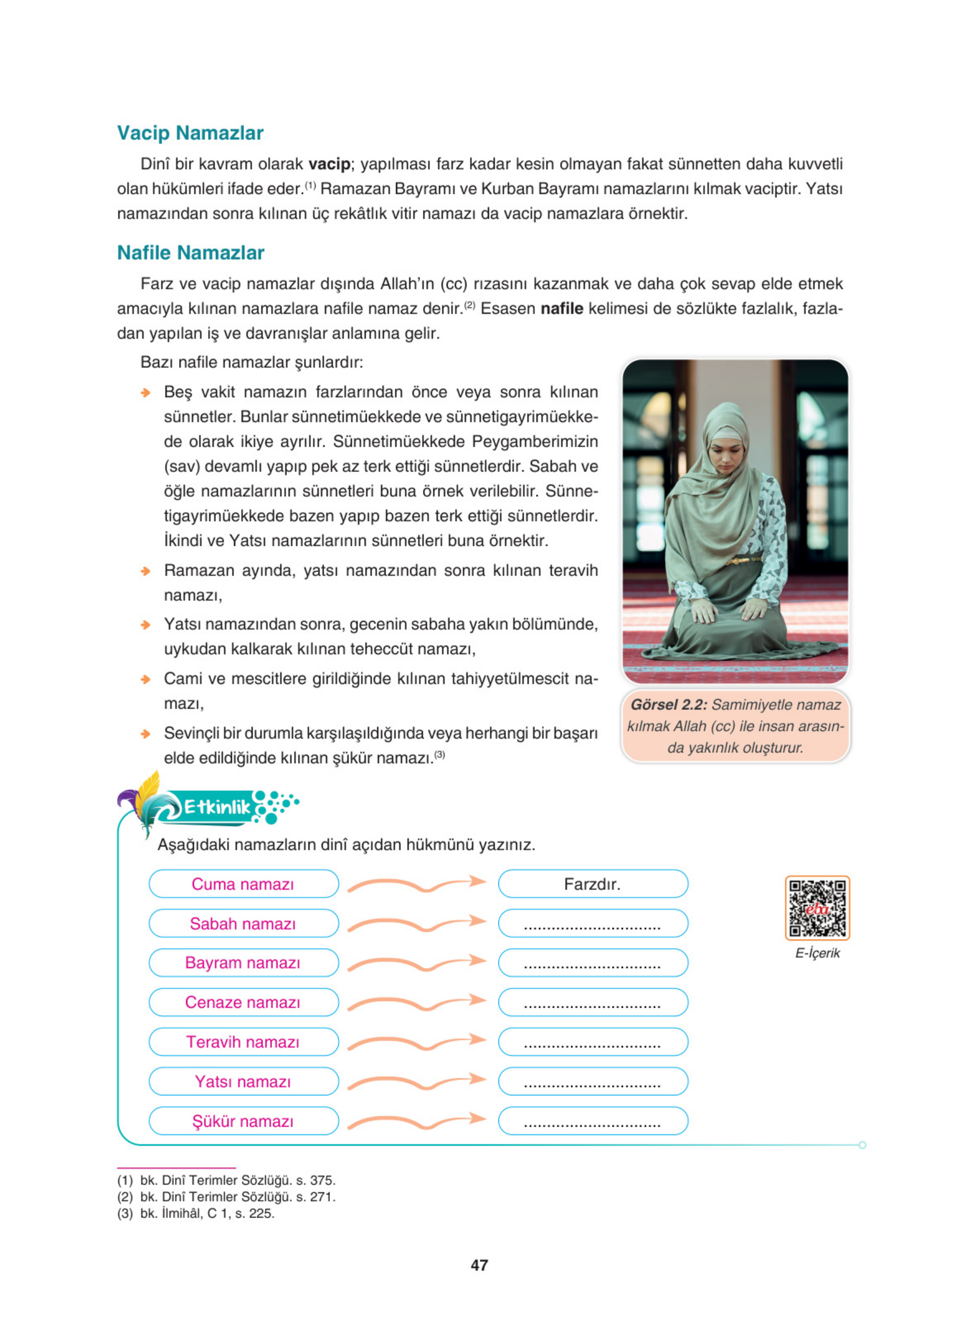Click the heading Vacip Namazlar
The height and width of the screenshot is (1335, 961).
[190, 133]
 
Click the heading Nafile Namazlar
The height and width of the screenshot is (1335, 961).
[191, 253]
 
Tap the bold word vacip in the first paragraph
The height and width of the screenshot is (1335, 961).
[329, 164]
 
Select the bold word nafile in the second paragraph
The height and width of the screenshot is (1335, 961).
[561, 308]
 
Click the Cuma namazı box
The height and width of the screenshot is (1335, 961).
[243, 884]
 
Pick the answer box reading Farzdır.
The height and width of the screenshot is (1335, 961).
[593, 884]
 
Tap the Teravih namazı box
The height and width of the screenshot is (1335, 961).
[243, 1042]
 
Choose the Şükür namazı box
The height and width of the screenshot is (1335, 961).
[243, 1121]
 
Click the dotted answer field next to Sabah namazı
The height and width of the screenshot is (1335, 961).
[593, 924]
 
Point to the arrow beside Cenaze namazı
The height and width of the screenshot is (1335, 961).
[417, 1002]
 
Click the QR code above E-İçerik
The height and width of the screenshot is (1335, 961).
[817, 908]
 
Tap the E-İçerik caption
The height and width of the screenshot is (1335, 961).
[817, 953]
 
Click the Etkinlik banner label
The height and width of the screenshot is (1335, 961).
[217, 807]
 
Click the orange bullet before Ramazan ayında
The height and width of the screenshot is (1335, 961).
[145, 571]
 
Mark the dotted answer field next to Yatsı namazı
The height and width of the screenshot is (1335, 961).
[593, 1081]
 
